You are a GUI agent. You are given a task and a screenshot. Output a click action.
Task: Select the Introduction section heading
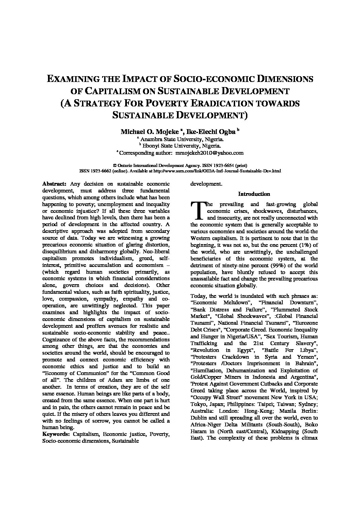coord(254,194)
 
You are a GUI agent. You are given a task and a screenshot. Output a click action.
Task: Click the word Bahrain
coord(306,363)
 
